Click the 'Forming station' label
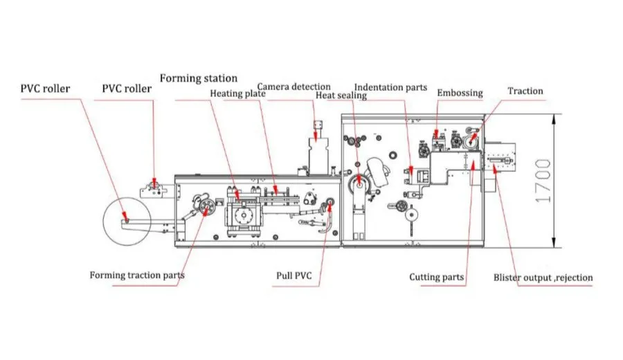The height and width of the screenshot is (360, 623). coord(199,78)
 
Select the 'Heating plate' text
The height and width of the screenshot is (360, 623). coord(237,93)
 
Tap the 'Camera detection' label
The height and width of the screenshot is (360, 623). coord(294,87)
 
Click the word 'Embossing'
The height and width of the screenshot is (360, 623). coord(460,93)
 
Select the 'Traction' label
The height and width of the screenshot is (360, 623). coord(525,91)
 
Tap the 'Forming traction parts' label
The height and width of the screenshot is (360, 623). coord(137,275)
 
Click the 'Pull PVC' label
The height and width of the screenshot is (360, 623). coord(294,276)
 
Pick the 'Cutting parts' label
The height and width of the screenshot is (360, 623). coord(436,277)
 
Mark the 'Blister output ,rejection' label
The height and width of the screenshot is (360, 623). coord(543,278)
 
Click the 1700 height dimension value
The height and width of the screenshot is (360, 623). coord(543,181)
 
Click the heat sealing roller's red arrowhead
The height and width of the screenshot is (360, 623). coord(358,186)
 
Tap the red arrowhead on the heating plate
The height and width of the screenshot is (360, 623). coord(276,189)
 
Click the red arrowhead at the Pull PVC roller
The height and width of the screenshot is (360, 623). coord(327,203)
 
